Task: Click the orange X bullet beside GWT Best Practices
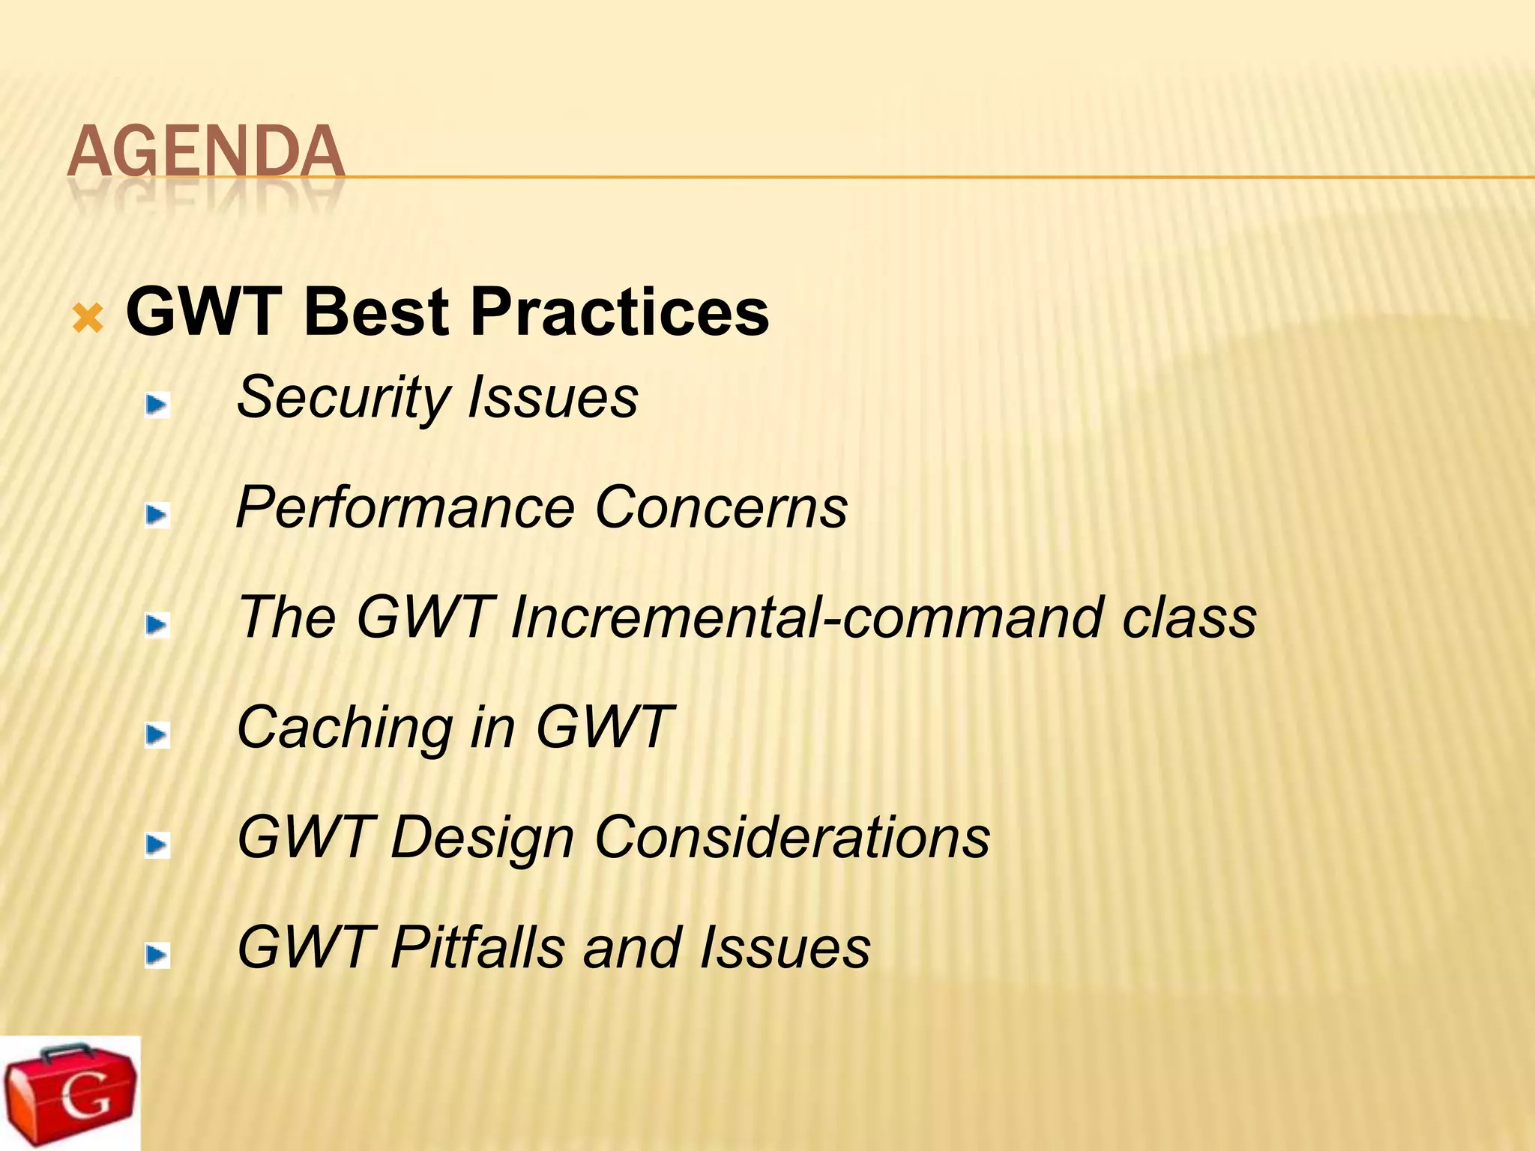(x=88, y=319)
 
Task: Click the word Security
(x=343, y=398)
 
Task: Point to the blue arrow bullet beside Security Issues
(x=157, y=405)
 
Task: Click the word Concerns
(x=720, y=508)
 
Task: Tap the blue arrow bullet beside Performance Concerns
(x=157, y=516)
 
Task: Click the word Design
(x=482, y=838)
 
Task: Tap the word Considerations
(x=791, y=838)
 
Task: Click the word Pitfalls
(x=477, y=947)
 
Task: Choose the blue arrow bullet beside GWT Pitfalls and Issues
(x=157, y=955)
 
